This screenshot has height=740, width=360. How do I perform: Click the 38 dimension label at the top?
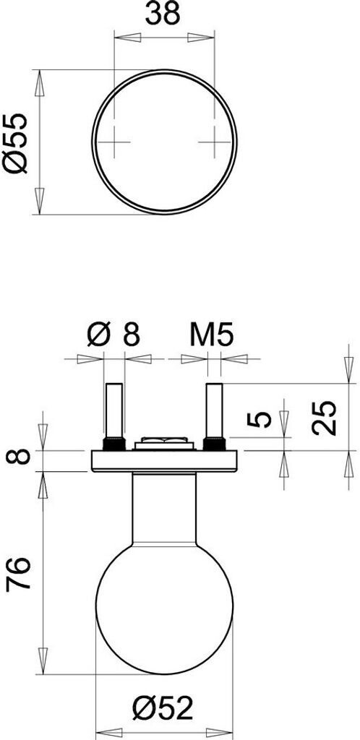click(163, 14)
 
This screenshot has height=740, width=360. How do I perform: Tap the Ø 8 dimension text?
click(113, 335)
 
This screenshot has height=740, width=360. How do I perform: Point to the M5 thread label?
click(212, 335)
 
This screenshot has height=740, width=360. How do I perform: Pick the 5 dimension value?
click(260, 419)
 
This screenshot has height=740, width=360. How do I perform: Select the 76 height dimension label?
click(18, 574)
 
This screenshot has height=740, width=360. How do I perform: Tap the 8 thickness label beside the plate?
click(18, 457)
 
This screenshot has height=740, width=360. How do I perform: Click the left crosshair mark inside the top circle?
click(114, 142)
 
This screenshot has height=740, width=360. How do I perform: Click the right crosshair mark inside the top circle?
click(214, 142)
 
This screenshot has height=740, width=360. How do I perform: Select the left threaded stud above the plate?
click(114, 410)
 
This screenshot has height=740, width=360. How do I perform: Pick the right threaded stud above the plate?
click(214, 410)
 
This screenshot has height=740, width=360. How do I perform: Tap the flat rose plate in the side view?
click(164, 461)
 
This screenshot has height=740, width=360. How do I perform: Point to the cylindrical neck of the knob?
click(164, 509)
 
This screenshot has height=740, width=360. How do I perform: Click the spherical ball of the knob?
click(164, 606)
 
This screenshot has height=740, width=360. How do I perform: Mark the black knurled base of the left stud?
click(114, 444)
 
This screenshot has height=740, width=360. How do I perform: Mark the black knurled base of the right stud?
click(214, 444)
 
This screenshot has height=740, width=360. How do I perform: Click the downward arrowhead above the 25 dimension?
click(348, 369)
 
